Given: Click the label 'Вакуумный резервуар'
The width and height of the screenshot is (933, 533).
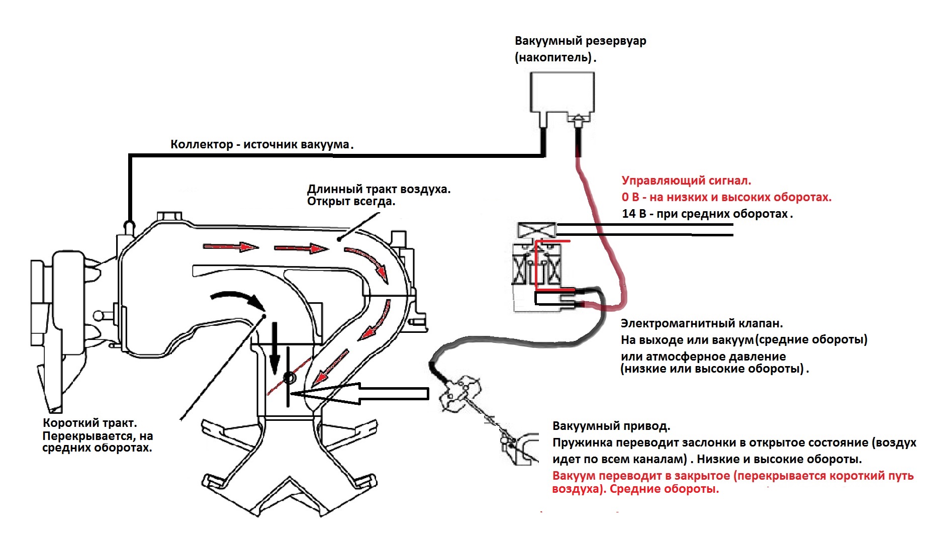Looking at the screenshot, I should tap(580, 41).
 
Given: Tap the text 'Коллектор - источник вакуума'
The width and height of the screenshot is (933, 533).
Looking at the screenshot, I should tap(260, 144).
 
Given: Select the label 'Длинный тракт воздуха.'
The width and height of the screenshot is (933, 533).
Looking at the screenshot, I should tap(379, 190).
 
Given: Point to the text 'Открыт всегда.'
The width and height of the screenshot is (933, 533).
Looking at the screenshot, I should tap(351, 202).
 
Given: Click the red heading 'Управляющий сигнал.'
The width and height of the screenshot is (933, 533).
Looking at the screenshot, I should tap(686, 181).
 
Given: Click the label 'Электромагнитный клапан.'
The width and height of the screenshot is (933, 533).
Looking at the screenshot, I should tap(701, 323).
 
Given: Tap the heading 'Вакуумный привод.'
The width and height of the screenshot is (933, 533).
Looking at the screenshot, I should tap(611, 426).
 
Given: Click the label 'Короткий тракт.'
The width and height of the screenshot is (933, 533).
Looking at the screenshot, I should tap(89, 423).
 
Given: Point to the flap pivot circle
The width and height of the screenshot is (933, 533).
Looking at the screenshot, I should tap(289, 378).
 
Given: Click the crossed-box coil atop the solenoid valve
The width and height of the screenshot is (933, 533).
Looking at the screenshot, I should tap(536, 230).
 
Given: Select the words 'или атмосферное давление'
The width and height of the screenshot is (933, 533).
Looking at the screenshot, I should tap(703, 357).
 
